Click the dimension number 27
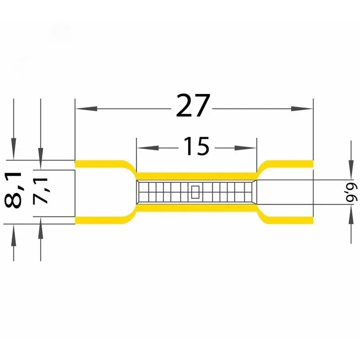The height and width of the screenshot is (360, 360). pyautogui.click(x=193, y=105)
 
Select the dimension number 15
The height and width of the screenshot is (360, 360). pyautogui.click(x=197, y=146)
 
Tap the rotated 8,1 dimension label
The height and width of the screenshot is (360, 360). pyautogui.click(x=13, y=190)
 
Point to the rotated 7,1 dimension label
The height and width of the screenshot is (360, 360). pyautogui.click(x=40, y=191)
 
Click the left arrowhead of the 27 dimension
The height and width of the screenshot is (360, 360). pyautogui.click(x=86, y=108)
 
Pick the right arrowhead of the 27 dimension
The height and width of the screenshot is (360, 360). pyautogui.click(x=302, y=108)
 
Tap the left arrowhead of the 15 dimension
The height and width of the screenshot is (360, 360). pyautogui.click(x=148, y=148)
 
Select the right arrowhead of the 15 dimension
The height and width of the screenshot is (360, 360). pyautogui.click(x=245, y=148)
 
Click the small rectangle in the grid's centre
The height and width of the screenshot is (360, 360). pyautogui.click(x=195, y=192)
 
